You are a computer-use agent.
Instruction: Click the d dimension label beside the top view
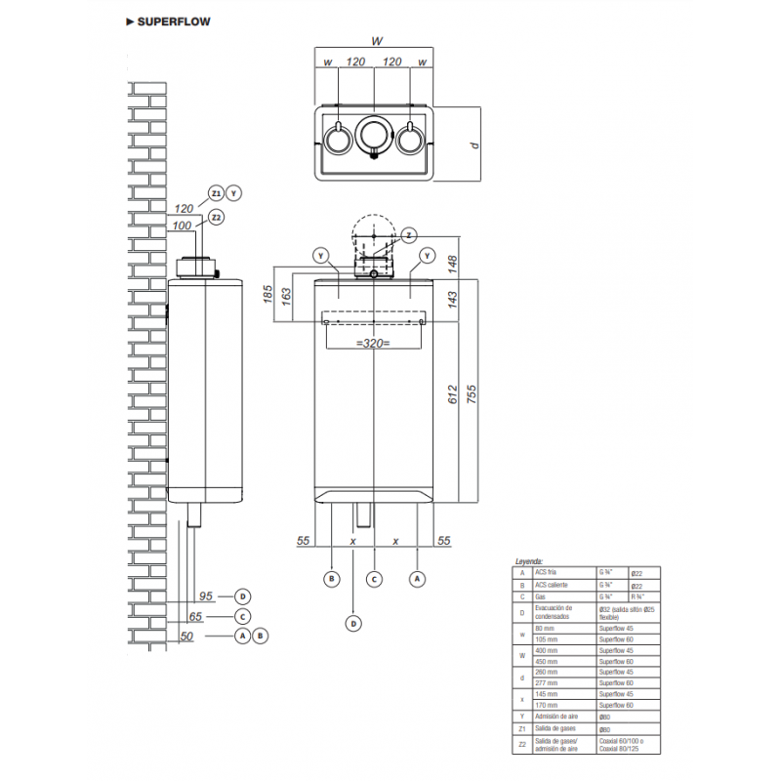473,144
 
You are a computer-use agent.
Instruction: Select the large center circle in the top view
375,136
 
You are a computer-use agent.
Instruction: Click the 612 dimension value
453,392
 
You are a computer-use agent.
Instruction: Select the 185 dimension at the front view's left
267,295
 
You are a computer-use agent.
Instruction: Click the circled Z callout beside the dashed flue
409,234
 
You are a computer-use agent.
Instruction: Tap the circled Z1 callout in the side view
216,193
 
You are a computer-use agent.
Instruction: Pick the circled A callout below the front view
418,578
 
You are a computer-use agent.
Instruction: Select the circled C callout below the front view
374,578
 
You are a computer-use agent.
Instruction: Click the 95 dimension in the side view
205,596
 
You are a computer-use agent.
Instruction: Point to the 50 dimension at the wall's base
187,636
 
